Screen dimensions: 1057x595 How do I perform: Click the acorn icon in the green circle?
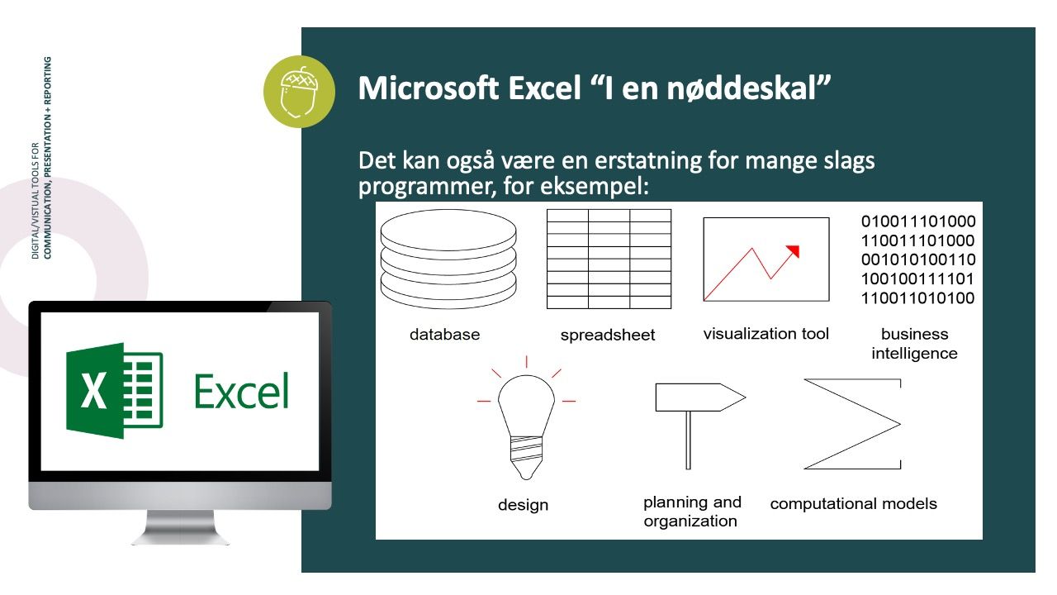tap(300, 92)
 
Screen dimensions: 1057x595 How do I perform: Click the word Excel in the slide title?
tap(544, 88)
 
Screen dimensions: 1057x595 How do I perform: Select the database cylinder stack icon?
tap(448, 259)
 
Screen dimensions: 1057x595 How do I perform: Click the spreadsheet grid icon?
tap(609, 259)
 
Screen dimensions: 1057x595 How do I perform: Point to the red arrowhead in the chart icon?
tap(794, 250)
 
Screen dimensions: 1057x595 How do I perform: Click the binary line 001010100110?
tap(918, 259)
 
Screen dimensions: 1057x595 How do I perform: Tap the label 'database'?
tap(444, 335)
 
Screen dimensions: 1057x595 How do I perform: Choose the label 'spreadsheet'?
tap(608, 335)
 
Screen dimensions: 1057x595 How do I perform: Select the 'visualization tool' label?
tap(765, 334)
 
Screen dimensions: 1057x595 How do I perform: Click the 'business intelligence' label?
tap(914, 344)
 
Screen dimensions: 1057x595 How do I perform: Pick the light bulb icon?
tap(526, 418)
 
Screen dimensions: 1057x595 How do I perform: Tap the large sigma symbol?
tap(853, 424)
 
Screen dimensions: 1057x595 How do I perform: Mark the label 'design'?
tap(523, 505)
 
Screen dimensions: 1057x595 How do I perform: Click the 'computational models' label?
tap(853, 504)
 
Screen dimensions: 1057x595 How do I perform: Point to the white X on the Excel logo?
tap(93, 390)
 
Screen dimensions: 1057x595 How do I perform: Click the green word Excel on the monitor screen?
tap(241, 391)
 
